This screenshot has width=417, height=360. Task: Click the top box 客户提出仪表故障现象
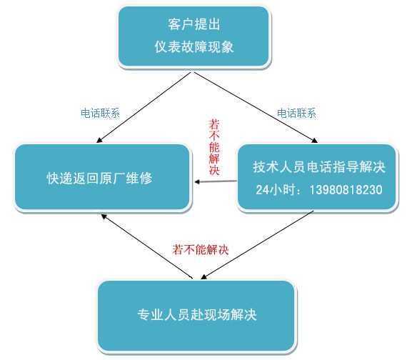click(194, 36)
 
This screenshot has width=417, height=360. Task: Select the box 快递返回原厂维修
click(102, 177)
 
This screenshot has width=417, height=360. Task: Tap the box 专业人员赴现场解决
click(196, 316)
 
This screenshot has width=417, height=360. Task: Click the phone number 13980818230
click(346, 190)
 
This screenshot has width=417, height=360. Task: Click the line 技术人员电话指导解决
click(319, 167)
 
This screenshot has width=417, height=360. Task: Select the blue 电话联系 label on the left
click(100, 113)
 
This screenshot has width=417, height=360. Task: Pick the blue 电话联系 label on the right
click(296, 113)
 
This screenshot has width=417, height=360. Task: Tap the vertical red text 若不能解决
click(214, 147)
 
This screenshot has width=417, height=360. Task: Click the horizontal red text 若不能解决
click(201, 249)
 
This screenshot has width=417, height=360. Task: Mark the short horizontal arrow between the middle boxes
click(216, 181)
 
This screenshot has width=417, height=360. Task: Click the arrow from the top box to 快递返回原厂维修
click(144, 107)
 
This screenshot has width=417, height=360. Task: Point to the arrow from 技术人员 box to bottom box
click(258, 245)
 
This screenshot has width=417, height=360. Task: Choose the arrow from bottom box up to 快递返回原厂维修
click(147, 246)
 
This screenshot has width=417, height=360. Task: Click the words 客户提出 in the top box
click(194, 24)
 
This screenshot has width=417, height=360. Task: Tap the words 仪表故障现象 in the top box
click(194, 47)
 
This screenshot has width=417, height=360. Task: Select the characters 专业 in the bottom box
click(151, 315)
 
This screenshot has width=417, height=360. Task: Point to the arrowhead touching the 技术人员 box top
click(315, 141)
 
